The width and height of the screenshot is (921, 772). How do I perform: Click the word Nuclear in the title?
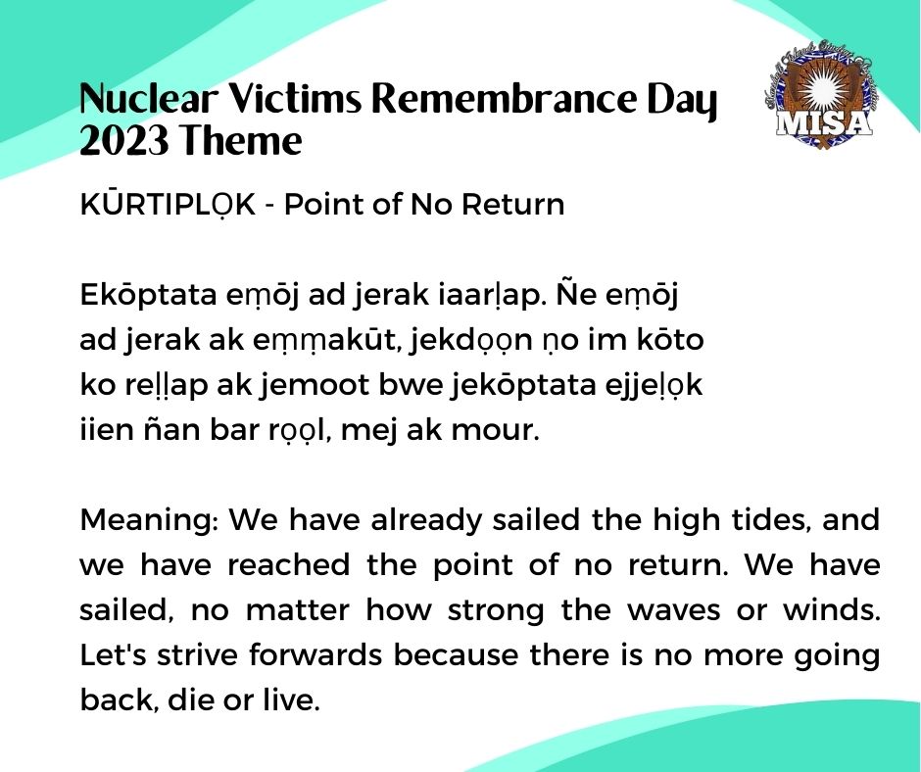coord(148,98)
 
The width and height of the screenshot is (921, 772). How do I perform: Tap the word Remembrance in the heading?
coord(504,98)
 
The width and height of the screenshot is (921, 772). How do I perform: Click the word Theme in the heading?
coord(241,141)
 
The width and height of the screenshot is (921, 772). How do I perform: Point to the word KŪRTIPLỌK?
coord(168,205)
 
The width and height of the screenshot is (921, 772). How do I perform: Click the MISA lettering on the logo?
coord(822,122)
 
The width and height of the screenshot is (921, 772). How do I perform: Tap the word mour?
coord(495,430)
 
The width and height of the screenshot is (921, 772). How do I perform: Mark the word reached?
coord(288,565)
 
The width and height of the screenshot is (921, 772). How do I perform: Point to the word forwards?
coord(315,655)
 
